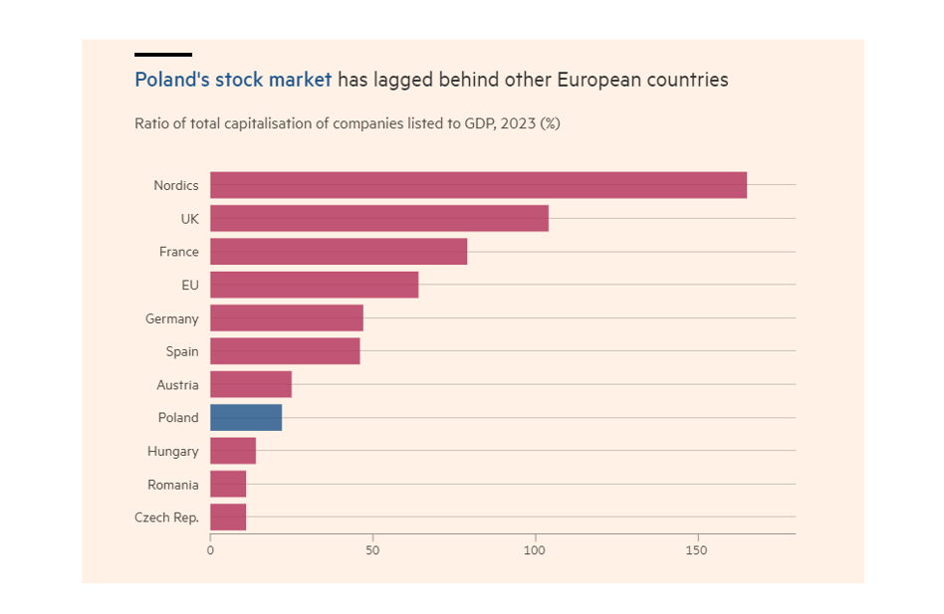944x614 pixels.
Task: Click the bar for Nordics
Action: (x=478, y=185)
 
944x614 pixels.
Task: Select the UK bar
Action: (x=378, y=218)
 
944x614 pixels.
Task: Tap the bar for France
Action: (x=339, y=252)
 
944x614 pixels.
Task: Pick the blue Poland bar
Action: (x=246, y=418)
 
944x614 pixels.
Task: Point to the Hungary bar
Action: (x=233, y=451)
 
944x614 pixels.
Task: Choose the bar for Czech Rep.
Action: (x=228, y=517)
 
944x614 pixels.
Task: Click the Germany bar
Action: (x=287, y=318)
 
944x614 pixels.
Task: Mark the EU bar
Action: (x=314, y=285)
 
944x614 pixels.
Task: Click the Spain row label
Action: (x=182, y=351)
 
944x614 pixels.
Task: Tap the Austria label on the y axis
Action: (x=177, y=385)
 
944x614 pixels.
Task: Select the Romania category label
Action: (x=174, y=485)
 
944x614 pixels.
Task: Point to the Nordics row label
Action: (x=176, y=185)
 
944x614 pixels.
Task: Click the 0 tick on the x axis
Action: (x=210, y=549)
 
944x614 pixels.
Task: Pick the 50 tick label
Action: (x=372, y=549)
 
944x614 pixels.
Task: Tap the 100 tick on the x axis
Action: (x=535, y=549)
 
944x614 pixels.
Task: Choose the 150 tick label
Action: (x=697, y=549)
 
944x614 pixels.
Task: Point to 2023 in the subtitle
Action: (x=514, y=124)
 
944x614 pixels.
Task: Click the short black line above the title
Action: (x=163, y=55)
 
